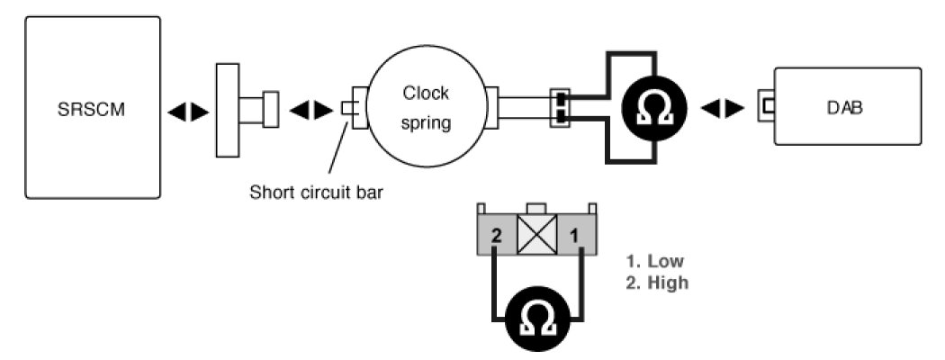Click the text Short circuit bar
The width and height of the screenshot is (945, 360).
[x=317, y=193]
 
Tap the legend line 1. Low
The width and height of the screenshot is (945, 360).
[x=654, y=262]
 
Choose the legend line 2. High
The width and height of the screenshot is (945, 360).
[x=656, y=283]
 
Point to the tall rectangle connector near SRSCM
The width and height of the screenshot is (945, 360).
[x=228, y=109]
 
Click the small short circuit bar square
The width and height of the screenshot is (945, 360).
[x=348, y=108]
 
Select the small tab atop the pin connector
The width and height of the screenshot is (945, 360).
[x=539, y=209]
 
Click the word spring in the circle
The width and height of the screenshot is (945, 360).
[x=426, y=121]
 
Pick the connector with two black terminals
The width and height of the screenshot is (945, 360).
[x=561, y=108]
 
